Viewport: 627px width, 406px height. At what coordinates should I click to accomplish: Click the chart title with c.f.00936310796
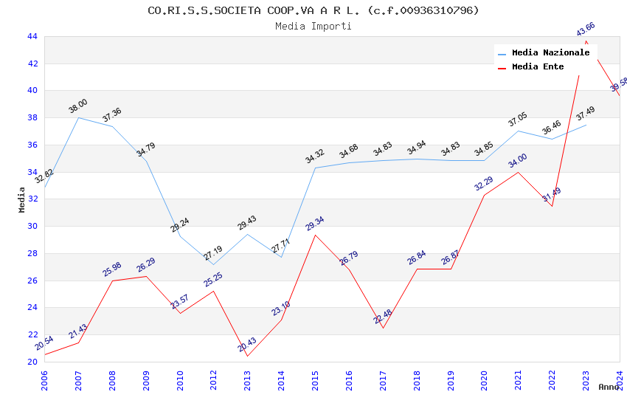tap(313, 10)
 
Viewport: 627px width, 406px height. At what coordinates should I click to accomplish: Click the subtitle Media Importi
tap(313, 26)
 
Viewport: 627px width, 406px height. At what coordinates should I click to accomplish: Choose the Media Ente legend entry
tap(538, 67)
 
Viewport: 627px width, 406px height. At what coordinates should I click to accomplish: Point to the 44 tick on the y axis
tap(32, 36)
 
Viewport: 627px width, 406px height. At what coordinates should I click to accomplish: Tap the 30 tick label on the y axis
tap(32, 227)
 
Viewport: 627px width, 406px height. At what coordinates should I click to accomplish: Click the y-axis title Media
tap(22, 199)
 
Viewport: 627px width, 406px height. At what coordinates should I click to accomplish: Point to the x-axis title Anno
tap(609, 387)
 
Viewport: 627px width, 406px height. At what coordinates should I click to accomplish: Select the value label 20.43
tap(247, 345)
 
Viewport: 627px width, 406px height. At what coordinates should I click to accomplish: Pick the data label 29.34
tap(315, 224)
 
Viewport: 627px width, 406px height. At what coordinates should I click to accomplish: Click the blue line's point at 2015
tap(315, 168)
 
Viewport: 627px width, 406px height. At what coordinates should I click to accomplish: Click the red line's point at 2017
tap(383, 328)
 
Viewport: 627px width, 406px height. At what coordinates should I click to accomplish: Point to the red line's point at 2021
tap(518, 172)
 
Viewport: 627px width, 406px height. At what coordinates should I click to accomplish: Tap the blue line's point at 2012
tap(213, 264)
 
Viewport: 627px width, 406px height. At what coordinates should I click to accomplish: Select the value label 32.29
tap(484, 184)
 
